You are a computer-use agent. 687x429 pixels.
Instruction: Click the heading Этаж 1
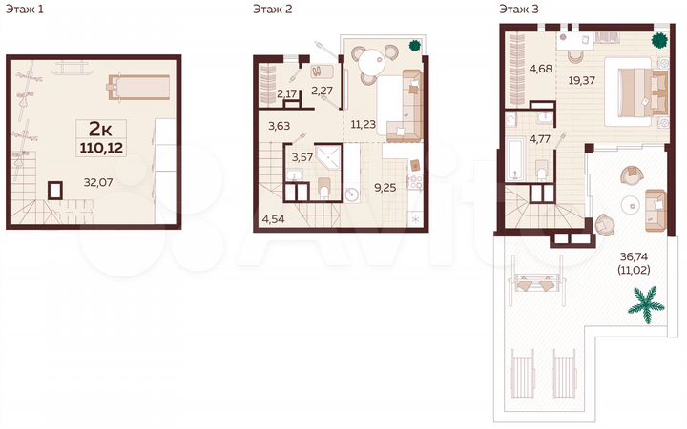pos(26,9)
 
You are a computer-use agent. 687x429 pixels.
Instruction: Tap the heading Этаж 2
pos(272,9)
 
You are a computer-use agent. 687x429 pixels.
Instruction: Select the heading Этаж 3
pos(517,9)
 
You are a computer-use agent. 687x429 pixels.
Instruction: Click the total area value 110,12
pos(99,147)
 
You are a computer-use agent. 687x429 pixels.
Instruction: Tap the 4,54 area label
pos(273,220)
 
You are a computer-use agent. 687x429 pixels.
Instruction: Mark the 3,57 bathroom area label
pos(302,157)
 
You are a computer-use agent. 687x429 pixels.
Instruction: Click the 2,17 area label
pos(285,92)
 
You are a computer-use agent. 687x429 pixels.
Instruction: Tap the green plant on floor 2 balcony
pos(414,44)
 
